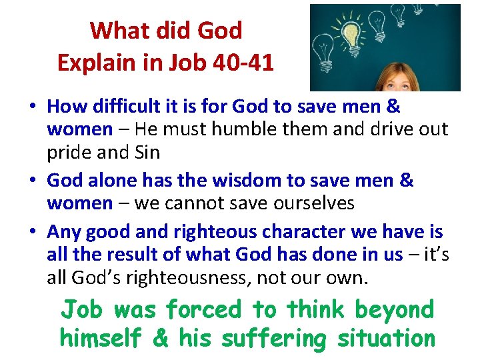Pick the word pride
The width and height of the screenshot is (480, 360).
coord(69,152)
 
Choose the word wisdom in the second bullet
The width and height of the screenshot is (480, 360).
coord(226,181)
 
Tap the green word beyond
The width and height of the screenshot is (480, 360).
coord(394,310)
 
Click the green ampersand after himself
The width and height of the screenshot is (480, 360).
coord(161,338)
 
